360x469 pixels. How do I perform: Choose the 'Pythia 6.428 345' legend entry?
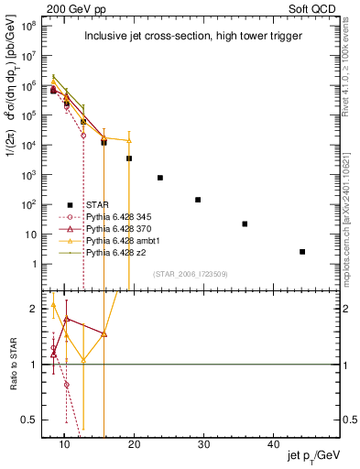[x=123, y=216]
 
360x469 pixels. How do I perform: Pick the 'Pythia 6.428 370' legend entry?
[x=123, y=228]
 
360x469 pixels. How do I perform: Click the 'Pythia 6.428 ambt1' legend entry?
[x=126, y=240]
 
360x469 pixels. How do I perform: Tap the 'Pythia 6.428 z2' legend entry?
[x=120, y=252]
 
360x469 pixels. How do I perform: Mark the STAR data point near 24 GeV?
[x=160, y=178]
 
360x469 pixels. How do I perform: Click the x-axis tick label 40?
[x=274, y=443]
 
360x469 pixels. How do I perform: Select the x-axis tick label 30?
[x=204, y=443]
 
